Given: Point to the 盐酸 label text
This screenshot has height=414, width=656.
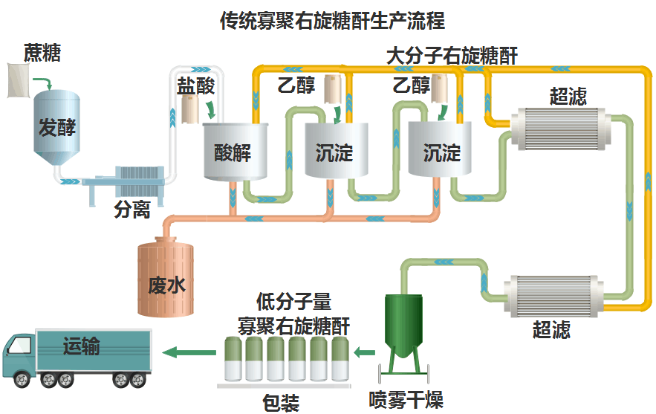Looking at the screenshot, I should click(x=195, y=85).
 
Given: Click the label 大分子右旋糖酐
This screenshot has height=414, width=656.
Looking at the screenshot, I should click(x=451, y=56).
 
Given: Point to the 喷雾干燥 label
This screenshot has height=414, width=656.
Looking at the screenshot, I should click(x=406, y=401).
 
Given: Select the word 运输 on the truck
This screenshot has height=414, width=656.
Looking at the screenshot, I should click(x=82, y=346).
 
